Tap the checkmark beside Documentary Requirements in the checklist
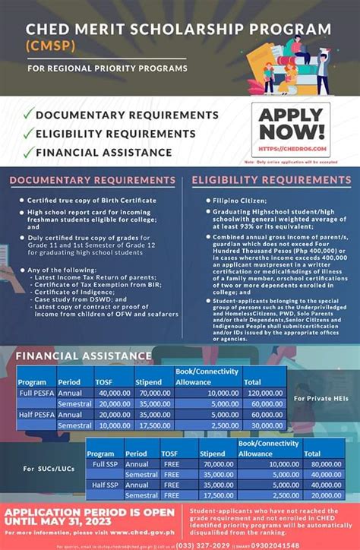tap(28, 115)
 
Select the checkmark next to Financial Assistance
tap(28, 152)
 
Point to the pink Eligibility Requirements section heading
tap(271, 180)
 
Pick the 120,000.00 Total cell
tap(262, 394)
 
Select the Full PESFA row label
tap(36, 394)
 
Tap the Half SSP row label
tap(105, 484)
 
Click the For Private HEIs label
tap(321, 398)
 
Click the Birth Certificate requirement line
tap(92, 200)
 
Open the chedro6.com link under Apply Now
tap(292, 150)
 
